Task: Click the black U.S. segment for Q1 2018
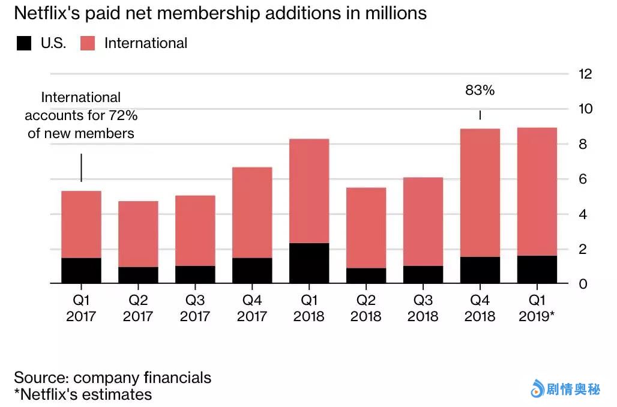pos(309,263)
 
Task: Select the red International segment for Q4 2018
pos(480,193)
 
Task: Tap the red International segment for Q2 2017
pos(138,234)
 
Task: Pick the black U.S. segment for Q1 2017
pos(81,271)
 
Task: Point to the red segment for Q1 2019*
pos(537,191)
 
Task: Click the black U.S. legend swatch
pos(24,43)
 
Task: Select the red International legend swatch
pos(88,43)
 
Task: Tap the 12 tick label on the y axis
pos(585,74)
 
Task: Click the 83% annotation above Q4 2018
pos(480,91)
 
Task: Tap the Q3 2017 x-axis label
pos(195,308)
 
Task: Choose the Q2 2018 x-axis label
pos(366,308)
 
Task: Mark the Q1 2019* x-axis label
pos(538,308)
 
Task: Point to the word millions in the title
pos(396,13)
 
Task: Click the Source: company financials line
pos(112,378)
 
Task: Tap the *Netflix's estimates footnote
pos(83,394)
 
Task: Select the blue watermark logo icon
pos(537,390)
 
